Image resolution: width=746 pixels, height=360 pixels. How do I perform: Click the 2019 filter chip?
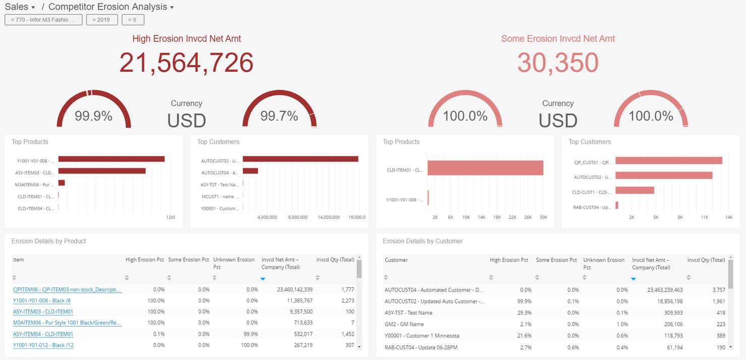pyautogui.click(x=102, y=20)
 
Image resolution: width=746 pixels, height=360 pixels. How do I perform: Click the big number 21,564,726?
pyautogui.click(x=186, y=63)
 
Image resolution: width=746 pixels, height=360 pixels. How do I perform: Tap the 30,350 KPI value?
pyautogui.click(x=557, y=63)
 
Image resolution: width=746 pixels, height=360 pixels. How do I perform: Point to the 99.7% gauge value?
pyautogui.click(x=279, y=116)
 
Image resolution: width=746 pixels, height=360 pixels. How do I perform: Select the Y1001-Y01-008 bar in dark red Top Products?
pyautogui.click(x=111, y=159)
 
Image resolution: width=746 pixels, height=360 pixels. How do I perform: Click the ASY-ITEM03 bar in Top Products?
pyautogui.click(x=102, y=171)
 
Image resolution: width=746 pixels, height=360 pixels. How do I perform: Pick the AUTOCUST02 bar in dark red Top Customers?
pyautogui.click(x=300, y=159)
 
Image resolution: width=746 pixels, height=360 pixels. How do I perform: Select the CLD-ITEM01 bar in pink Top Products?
pyautogui.click(x=485, y=168)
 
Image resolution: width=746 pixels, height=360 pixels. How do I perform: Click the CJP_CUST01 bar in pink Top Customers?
pyautogui.click(x=668, y=160)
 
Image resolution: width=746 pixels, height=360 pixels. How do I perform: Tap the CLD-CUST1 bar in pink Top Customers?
pyautogui.click(x=635, y=191)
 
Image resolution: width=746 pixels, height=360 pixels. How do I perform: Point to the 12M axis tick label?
pyautogui.click(x=170, y=217)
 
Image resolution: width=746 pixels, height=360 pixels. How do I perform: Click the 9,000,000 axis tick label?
pyautogui.click(x=297, y=217)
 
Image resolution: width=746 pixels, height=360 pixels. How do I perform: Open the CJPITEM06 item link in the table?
pyautogui.click(x=67, y=290)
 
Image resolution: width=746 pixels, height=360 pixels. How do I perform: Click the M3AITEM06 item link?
pyautogui.click(x=67, y=323)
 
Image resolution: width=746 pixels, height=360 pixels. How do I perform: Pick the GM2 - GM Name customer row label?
pyautogui.click(x=404, y=324)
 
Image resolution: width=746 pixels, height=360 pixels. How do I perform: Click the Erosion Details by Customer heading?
pyautogui.click(x=422, y=241)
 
